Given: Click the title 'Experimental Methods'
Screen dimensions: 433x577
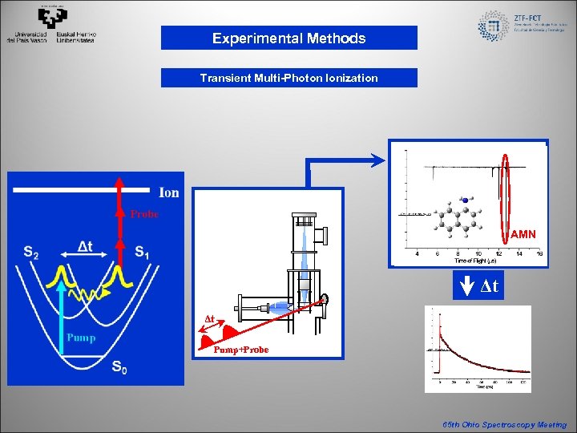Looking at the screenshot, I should tap(288, 38).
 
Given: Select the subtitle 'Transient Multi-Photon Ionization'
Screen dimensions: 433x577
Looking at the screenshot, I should tap(288, 78).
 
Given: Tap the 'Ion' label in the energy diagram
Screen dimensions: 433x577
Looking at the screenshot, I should tap(169, 192).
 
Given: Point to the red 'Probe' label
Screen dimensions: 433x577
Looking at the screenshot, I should tap(145, 214).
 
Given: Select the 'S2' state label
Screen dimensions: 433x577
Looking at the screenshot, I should tap(31, 253).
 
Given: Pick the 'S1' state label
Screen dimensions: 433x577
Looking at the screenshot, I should tap(141, 253).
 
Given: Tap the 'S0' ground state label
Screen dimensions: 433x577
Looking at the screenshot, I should tap(119, 369).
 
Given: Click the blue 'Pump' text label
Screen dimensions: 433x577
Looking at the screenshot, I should tap(80, 338).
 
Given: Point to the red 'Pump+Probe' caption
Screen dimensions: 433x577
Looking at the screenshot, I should tap(241, 350).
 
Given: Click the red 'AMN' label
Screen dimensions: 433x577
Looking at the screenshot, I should tap(523, 234).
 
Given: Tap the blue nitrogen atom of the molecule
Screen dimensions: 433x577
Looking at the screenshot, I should tap(464, 199).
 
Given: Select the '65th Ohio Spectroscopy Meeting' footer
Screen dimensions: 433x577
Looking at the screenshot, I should tap(504, 424).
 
